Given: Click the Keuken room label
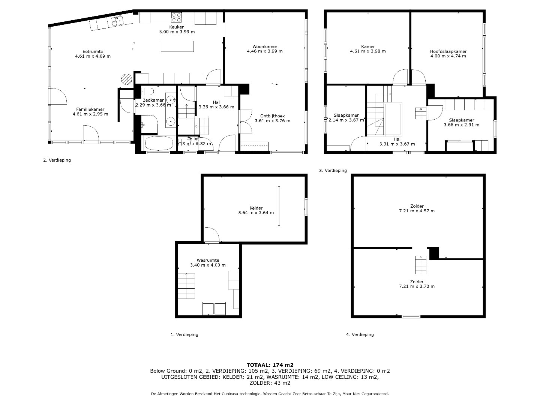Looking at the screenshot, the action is pyautogui.click(x=177, y=27).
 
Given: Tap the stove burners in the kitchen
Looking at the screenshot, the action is pyautogui.click(x=176, y=18).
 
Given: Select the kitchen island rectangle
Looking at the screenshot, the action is pyautogui.click(x=177, y=46).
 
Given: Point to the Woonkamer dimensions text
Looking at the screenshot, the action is pyautogui.click(x=265, y=51).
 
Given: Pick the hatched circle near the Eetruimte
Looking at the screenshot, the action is pyautogui.click(x=126, y=79).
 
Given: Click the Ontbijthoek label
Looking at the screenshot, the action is pyautogui.click(x=272, y=116).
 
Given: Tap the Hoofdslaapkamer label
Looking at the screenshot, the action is pyautogui.click(x=448, y=51).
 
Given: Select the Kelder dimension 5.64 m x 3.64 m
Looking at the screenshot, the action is pyautogui.click(x=256, y=213).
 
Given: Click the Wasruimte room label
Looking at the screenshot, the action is pyautogui.click(x=208, y=260).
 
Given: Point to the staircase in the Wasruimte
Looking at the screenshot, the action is pyautogui.click(x=186, y=286).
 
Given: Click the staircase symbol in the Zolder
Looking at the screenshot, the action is pyautogui.click(x=421, y=265).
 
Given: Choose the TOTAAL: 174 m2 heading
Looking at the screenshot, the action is pyautogui.click(x=270, y=365).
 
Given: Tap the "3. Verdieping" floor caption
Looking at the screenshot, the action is pyautogui.click(x=333, y=170).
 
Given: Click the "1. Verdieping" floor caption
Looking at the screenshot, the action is pyautogui.click(x=184, y=334).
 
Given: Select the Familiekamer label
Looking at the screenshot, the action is pyautogui.click(x=90, y=109).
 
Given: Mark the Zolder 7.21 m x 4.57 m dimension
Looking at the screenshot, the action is pyautogui.click(x=417, y=211).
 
